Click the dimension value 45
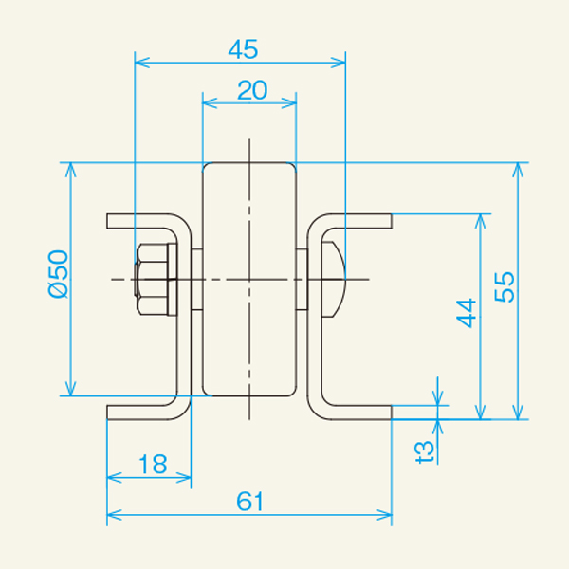[243, 49]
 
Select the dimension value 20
[252, 90]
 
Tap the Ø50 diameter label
[58, 274]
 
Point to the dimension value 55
[505, 287]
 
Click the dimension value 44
[466, 313]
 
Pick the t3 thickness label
[425, 451]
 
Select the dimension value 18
[153, 464]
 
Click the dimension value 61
[249, 502]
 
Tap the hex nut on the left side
[152, 279]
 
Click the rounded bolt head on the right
[334, 279]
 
